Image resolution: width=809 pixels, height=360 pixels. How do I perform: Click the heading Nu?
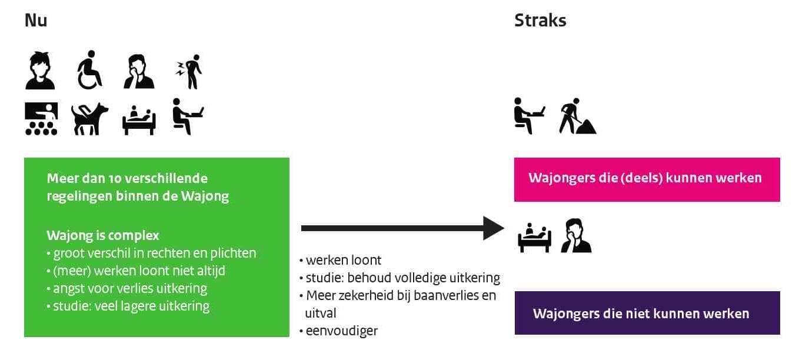click(36, 20)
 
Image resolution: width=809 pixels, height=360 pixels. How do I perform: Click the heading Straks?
click(540, 20)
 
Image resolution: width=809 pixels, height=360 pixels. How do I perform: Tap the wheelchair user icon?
click(89, 69)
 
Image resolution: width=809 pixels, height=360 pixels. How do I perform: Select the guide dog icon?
click(89, 119)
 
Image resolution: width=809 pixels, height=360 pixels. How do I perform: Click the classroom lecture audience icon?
click(41, 119)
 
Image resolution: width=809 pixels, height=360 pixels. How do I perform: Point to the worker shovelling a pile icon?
click(578, 116)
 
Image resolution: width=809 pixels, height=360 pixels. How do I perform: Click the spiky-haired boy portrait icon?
click(40, 71)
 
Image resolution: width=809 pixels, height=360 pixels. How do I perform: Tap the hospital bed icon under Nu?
click(139, 120)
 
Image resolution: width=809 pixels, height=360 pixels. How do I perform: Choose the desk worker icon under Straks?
click(529, 116)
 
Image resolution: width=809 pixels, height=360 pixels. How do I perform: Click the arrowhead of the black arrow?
click(494, 228)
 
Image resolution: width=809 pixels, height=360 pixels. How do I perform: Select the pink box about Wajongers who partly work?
click(647, 179)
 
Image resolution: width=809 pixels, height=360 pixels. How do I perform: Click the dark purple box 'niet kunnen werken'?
click(647, 313)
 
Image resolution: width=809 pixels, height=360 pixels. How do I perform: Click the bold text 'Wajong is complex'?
click(103, 235)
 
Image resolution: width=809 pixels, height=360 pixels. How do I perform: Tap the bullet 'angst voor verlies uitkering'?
click(127, 288)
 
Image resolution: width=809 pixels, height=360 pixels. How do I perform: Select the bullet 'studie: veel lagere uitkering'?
click(128, 306)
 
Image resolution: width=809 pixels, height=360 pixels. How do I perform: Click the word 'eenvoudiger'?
click(342, 331)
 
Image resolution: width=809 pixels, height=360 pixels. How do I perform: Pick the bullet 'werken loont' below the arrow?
click(340, 260)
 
